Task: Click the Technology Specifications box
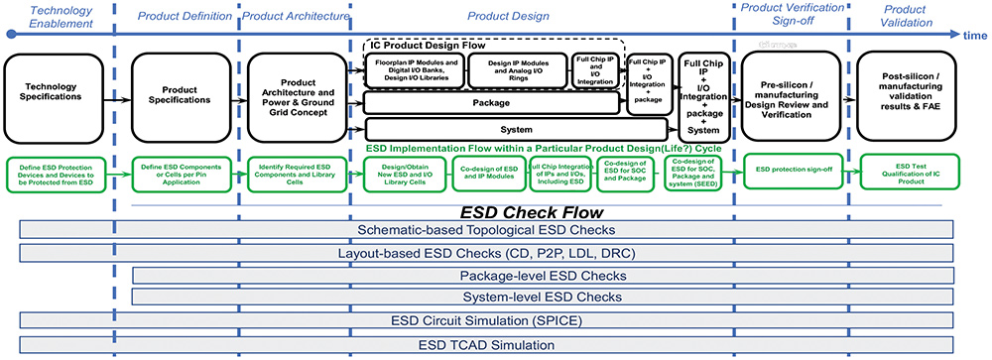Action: pos(55,96)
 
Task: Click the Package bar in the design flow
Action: pos(493,102)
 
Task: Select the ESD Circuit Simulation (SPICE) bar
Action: pos(500,321)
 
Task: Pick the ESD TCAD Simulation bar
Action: pos(500,345)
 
